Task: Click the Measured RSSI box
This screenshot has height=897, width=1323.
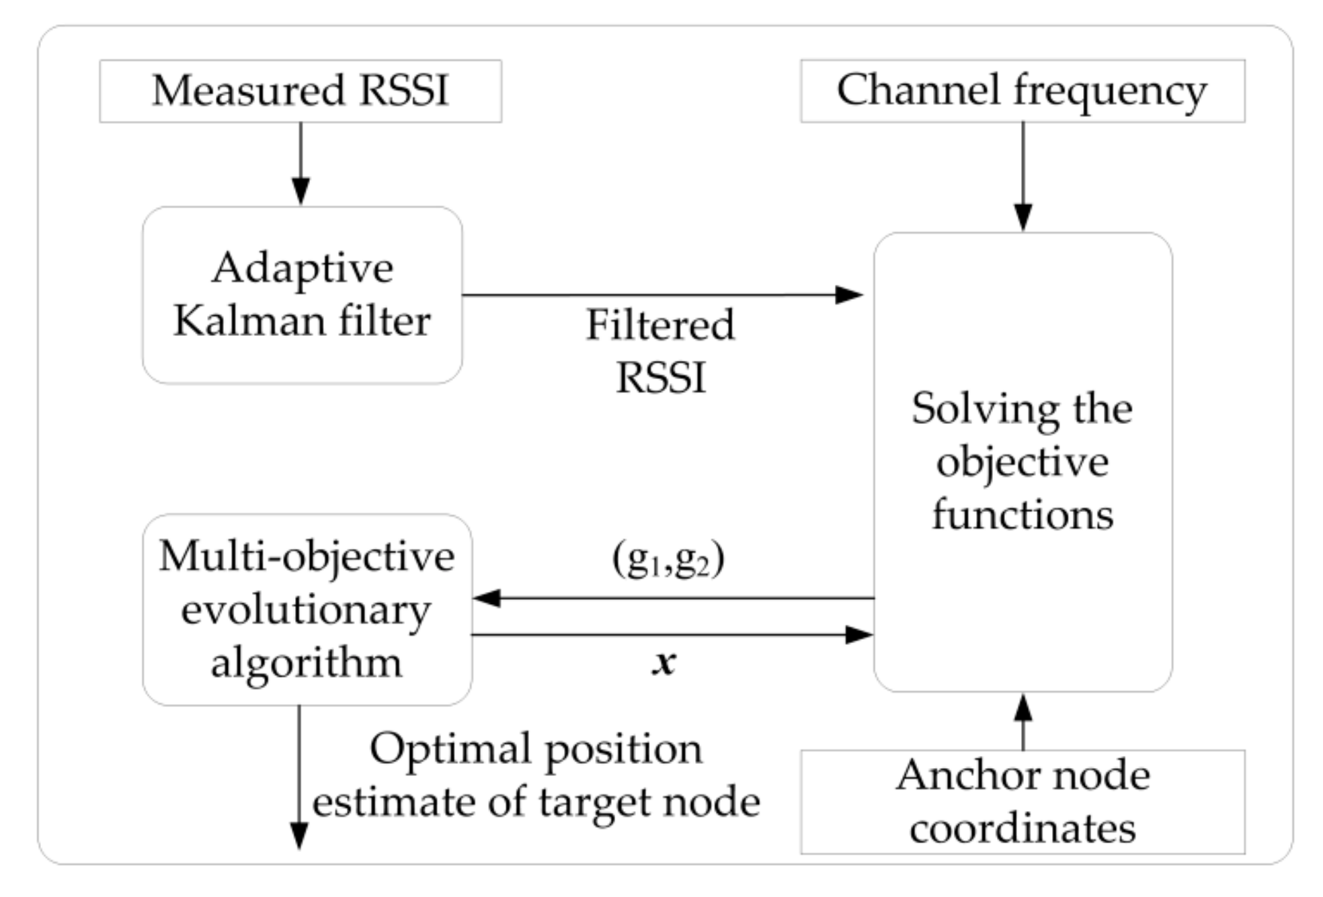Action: tap(300, 91)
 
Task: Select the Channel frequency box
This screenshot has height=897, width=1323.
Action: tap(1022, 91)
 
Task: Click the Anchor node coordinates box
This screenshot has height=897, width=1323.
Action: tap(1022, 802)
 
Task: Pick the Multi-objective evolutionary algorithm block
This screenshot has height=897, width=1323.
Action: tap(307, 609)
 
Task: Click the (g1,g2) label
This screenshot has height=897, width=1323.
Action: tap(668, 559)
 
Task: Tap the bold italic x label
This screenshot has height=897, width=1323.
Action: tap(664, 663)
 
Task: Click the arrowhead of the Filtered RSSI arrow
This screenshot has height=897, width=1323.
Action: tap(848, 294)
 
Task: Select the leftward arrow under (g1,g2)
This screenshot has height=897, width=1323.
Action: tap(672, 597)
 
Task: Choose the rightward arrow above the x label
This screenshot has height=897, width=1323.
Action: tap(672, 634)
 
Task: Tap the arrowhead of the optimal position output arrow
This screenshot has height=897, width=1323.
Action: tap(298, 837)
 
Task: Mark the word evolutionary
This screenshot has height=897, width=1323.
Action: tap(306, 610)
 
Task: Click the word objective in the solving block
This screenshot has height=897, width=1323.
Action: tap(1022, 462)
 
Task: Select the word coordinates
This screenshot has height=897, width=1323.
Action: tap(1022, 828)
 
